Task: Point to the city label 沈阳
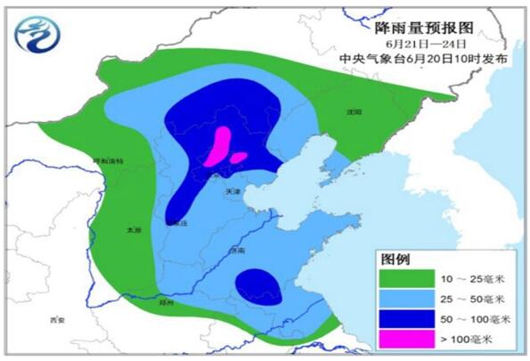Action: [x=355, y=112]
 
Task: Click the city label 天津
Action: [x=232, y=191]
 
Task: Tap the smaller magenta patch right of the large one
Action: [x=239, y=158]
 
